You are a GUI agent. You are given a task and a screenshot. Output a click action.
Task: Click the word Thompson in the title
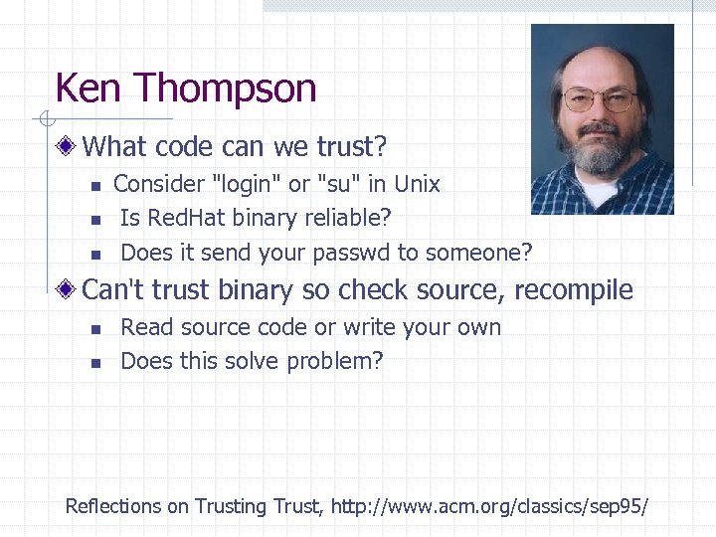click(228, 89)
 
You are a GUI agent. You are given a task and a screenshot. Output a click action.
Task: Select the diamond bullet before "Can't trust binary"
click(68, 290)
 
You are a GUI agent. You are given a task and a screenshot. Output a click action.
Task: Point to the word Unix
click(417, 184)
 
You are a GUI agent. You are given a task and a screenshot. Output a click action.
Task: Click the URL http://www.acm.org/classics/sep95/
click(489, 506)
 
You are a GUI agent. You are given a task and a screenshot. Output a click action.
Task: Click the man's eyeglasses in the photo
click(600, 99)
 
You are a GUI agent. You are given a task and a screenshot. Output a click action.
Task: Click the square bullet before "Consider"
click(94, 186)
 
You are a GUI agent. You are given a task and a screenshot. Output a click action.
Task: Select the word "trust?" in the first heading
click(352, 148)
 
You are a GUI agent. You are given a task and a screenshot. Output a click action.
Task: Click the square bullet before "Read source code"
click(94, 329)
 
